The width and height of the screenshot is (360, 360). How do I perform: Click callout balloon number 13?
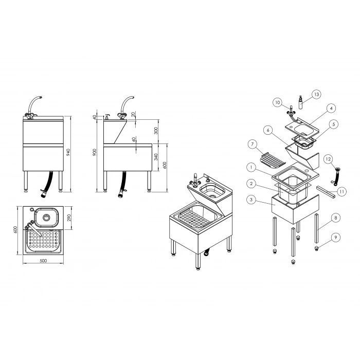[317, 94]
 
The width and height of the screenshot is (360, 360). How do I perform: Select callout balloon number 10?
[278, 102]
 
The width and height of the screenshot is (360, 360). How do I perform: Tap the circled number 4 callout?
[331, 108]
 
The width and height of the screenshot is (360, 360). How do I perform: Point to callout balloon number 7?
[253, 144]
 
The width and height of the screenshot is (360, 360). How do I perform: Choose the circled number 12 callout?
[328, 159]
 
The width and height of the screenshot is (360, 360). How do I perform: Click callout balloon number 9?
[336, 238]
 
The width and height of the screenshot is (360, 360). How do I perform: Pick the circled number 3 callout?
[251, 200]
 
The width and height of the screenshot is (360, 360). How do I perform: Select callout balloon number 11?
[342, 191]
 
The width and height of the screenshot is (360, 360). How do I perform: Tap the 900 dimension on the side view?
[95, 152]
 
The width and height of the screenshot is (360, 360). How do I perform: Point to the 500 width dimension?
[43, 261]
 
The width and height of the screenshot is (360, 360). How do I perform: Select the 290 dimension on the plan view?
[69, 218]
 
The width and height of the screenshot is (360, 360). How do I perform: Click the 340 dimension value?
[156, 157]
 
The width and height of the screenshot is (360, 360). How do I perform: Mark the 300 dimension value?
[156, 131]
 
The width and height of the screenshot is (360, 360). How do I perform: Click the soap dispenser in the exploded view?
[300, 102]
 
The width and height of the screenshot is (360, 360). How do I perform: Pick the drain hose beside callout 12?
[335, 175]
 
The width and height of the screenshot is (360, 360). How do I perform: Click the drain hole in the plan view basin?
[46, 217]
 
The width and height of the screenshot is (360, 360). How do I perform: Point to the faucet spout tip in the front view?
[41, 97]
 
